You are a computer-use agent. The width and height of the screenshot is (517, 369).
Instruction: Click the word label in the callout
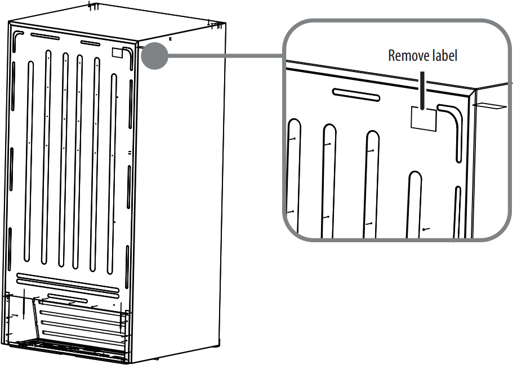444,56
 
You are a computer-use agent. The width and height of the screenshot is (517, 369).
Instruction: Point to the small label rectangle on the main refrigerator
117,53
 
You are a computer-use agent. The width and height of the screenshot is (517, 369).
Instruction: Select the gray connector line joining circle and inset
225,56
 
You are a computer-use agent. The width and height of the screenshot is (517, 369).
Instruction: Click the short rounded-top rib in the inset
416,203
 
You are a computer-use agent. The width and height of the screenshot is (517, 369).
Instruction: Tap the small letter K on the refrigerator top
171,39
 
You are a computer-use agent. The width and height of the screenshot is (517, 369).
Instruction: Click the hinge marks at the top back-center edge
95,7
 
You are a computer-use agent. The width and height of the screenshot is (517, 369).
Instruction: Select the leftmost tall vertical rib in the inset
294,175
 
